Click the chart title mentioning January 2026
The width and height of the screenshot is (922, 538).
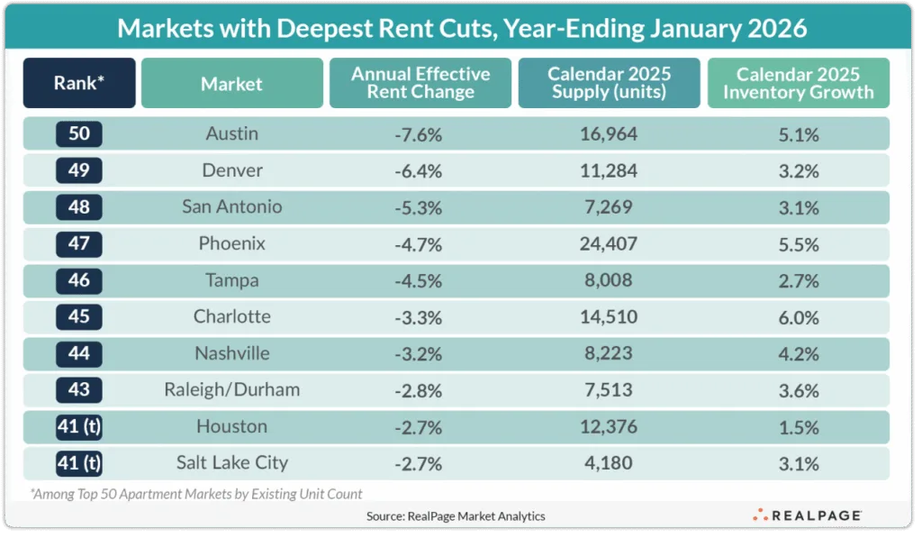click(x=461, y=28)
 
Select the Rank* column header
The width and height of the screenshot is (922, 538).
click(x=79, y=84)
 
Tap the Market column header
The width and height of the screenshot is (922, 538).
click(x=231, y=84)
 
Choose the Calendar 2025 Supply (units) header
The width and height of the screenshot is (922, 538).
click(x=608, y=84)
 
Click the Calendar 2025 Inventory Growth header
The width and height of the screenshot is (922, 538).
click(x=798, y=84)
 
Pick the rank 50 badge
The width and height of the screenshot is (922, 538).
click(x=79, y=134)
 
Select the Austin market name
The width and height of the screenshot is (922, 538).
click(x=231, y=134)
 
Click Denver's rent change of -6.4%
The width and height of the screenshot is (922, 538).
click(x=419, y=170)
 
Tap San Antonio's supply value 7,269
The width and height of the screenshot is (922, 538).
click(x=608, y=207)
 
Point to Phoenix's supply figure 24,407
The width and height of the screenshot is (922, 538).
click(x=608, y=243)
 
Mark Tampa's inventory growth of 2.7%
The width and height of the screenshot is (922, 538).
click(x=798, y=280)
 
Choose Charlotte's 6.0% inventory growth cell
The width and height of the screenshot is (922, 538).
click(x=798, y=317)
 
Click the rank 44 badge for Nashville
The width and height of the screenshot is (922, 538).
click(x=79, y=353)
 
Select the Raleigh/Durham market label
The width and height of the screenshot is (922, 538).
click(x=231, y=390)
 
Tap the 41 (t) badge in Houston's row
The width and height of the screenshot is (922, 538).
click(x=79, y=427)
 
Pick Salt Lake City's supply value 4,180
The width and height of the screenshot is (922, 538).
click(x=608, y=463)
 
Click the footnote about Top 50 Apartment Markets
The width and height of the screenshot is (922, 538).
click(x=196, y=493)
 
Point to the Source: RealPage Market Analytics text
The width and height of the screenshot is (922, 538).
click(x=456, y=516)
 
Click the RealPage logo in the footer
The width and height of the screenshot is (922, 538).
click(x=808, y=515)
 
